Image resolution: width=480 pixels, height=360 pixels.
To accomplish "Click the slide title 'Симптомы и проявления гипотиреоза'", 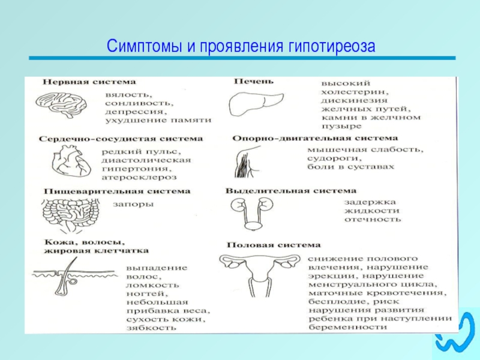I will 240,46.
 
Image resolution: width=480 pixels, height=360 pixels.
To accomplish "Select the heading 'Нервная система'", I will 88,81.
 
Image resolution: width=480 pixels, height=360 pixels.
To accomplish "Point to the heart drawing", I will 65,161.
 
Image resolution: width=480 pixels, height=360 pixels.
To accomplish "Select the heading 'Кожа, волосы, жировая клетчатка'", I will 96,246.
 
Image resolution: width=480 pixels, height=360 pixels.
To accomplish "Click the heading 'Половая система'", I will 273,245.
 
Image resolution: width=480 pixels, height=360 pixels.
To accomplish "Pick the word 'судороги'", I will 329,158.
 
